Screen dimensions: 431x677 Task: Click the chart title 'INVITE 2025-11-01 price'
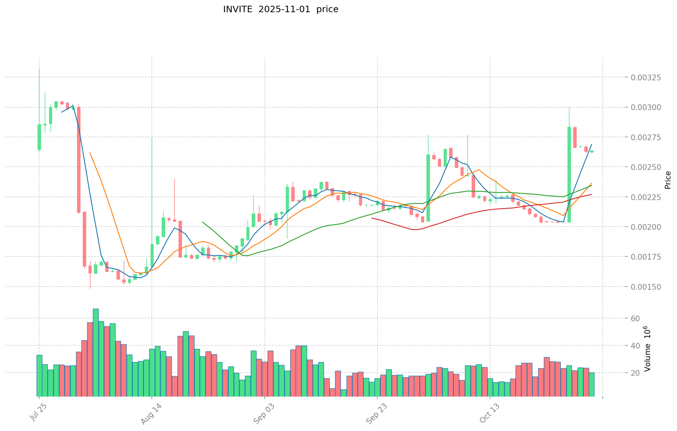coord(281,9)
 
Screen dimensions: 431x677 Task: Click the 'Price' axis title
coord(668,180)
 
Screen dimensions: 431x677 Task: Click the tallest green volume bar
coord(96,352)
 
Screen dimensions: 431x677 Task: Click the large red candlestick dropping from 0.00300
coord(79,160)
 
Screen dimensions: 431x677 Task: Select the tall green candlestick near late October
coord(569,175)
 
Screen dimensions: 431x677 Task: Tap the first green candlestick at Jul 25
coord(39,137)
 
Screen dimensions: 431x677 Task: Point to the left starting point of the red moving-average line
coord(372,218)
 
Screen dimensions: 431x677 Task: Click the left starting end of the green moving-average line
coord(203,222)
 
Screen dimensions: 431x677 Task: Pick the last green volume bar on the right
coord(592,384)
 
